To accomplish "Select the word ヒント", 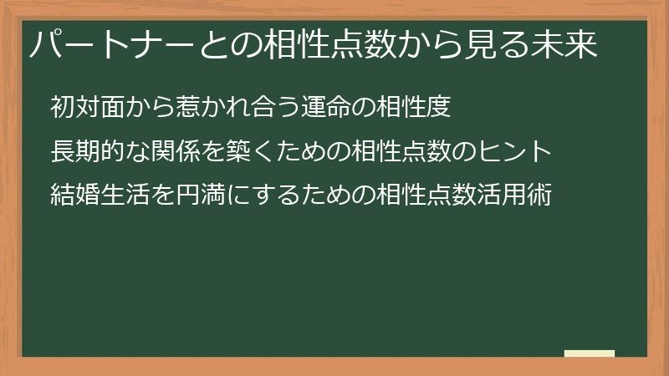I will [518, 152].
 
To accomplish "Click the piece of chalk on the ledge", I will [590, 353].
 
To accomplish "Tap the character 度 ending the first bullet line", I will [440, 107].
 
